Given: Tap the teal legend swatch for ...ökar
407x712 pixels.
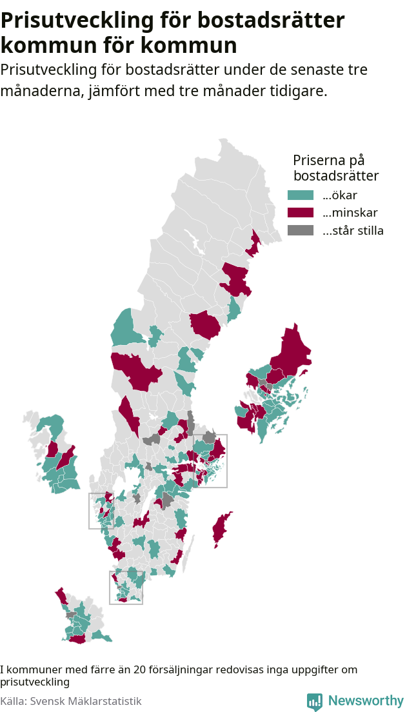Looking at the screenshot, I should tap(300, 195).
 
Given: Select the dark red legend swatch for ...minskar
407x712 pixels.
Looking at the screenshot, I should tap(300, 213).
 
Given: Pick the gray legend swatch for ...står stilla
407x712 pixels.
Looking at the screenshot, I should tap(300, 230).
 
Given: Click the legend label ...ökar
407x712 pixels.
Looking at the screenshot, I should tap(340, 195).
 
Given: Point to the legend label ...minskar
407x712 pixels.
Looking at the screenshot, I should tap(350, 213).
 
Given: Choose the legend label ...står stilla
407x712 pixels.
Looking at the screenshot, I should tap(353, 230).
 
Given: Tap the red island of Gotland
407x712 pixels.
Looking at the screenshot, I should tap(221, 529).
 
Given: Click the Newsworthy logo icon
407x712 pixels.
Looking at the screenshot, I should tap(315, 701).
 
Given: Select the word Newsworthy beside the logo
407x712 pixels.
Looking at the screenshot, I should tap(365, 701).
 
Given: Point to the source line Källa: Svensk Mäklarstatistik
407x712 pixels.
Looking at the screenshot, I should tap(71, 701).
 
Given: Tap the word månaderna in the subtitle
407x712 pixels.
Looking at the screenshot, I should tap(42, 91).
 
